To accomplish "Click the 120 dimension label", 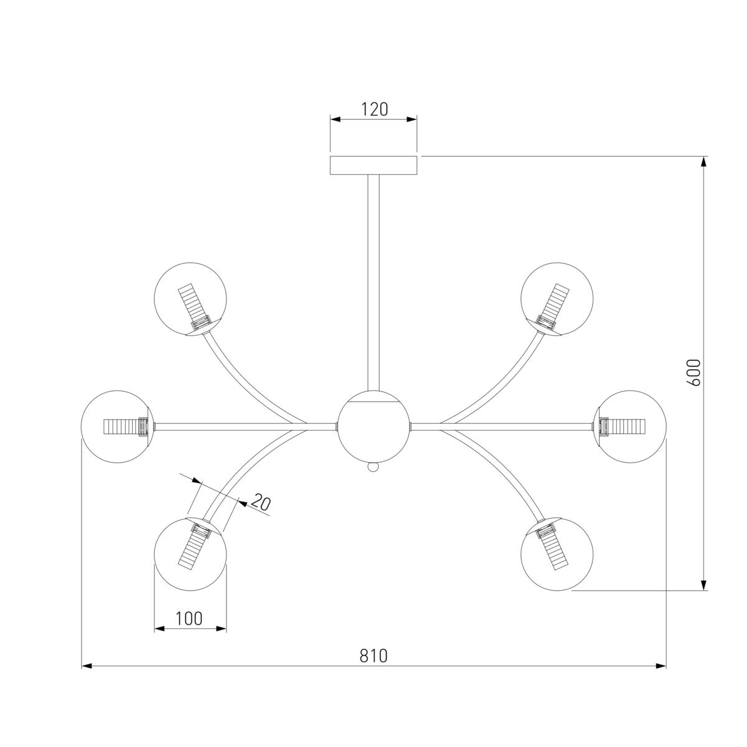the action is (375, 110).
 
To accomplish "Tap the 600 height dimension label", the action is (693, 372).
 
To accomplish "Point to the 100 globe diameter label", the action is (189, 619).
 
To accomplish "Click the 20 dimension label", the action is (260, 503).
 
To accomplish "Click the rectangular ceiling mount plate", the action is (374, 166).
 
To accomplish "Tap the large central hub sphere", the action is (374, 426).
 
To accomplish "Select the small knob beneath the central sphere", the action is (373, 467).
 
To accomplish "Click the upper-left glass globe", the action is (190, 299).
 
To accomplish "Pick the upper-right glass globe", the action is (557, 299).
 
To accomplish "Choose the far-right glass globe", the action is (630, 426).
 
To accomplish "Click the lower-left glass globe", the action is (190, 554).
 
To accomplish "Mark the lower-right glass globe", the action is (557, 554).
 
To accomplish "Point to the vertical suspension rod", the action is (374, 283).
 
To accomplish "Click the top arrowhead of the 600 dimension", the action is (704, 162).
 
